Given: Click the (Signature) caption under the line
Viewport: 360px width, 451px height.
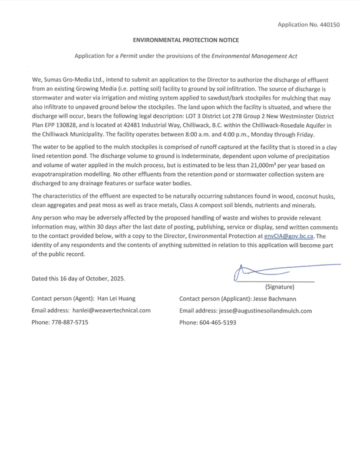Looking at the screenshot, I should point(280,287).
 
